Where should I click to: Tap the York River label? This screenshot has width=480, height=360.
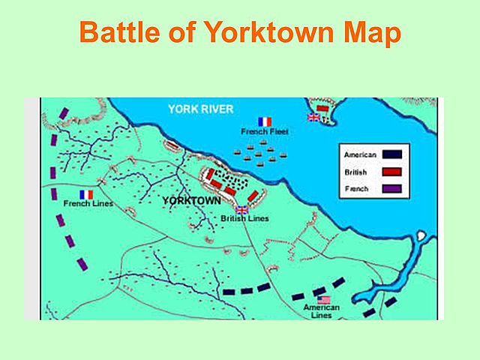coord(200,109)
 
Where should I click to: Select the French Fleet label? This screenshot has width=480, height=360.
coord(265,132)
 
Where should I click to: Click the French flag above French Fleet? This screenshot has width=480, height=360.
coord(265,121)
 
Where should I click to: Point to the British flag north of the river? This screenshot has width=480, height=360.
coord(313,117)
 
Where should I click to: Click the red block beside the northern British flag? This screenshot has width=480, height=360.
coord(322,109)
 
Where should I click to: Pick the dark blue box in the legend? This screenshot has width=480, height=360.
coord(391,154)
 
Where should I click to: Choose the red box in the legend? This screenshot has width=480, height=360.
coord(391,172)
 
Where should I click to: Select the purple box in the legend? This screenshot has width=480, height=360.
coord(391,188)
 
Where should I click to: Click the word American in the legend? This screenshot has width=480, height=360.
coord(359,154)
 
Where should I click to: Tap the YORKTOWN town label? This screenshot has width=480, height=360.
coord(191,202)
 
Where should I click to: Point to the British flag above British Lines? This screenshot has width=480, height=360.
coord(241,210)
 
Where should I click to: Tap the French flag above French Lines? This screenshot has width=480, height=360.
coord(85,194)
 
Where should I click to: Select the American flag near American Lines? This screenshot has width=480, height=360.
coord(322,299)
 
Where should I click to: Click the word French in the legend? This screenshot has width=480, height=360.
coord(356,188)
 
